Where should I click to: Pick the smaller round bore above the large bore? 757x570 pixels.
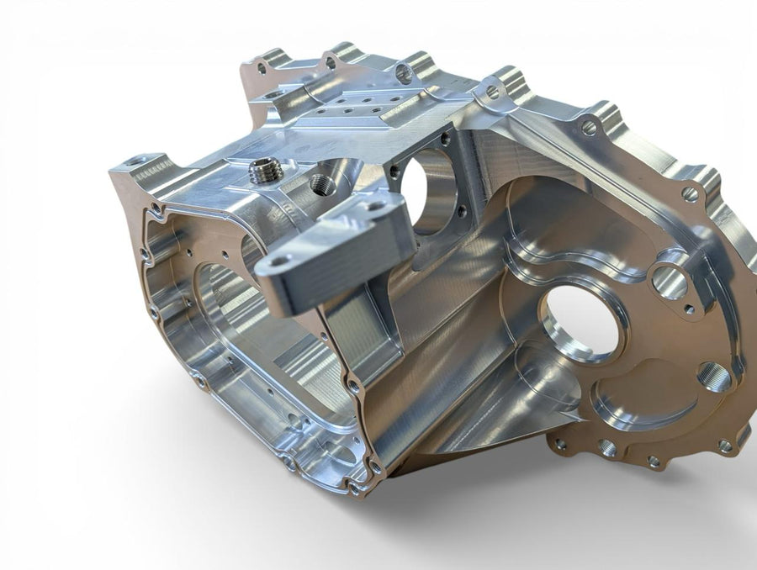click(670, 282)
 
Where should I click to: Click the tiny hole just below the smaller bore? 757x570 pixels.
click(689, 309)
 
